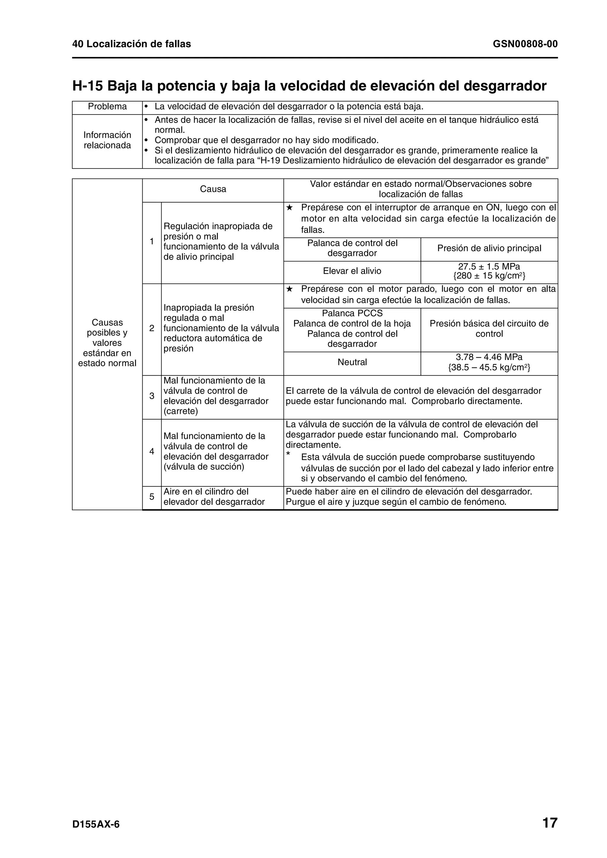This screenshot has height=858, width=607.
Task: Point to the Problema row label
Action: tap(107, 107)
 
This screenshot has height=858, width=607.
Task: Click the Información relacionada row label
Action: tap(107, 140)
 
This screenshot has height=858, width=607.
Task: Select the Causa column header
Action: tap(213, 189)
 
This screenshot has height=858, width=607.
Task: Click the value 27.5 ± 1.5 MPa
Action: tap(489, 266)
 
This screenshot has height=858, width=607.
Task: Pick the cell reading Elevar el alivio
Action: tap(352, 271)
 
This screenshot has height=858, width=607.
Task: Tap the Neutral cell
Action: tap(352, 362)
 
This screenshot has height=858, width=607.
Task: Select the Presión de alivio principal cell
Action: tap(489, 248)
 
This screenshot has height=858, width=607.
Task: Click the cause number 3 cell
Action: tap(152, 396)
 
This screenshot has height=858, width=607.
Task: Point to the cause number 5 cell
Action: tap(152, 497)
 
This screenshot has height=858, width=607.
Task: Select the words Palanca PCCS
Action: tap(352, 313)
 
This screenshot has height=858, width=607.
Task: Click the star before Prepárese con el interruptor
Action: tap(289, 208)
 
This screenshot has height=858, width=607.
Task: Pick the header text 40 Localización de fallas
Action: tap(132, 44)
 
